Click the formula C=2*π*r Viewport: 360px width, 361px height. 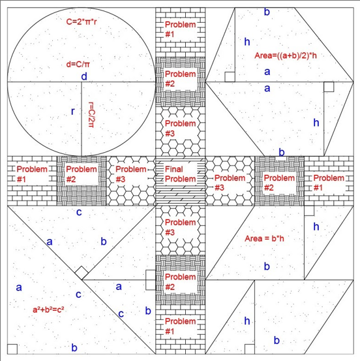pos(82,22)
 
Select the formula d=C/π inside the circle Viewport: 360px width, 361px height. pos(78,64)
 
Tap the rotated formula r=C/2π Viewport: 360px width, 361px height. pos(91,115)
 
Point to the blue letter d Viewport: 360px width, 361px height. pos(84,76)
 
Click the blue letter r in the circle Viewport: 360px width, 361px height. pos(73,112)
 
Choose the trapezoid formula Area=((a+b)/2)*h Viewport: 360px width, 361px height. pos(286,55)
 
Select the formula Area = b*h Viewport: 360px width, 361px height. pos(264,238)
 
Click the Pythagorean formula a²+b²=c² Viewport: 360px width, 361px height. pos(48,309)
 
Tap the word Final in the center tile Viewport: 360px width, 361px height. pos(174,169)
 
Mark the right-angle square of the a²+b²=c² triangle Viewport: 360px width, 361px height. pos(12,349)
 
